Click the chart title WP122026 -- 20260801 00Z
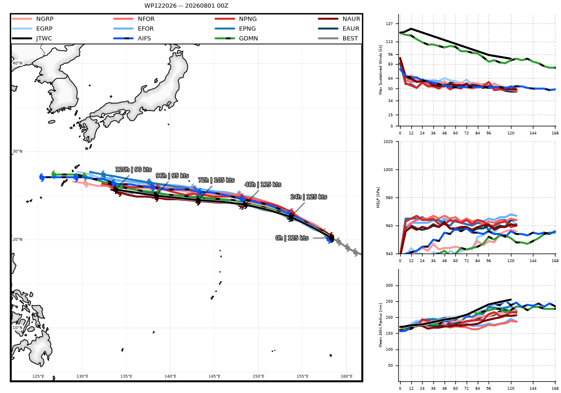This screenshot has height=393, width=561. pyautogui.click(x=186, y=6)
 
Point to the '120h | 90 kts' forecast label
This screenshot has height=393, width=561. pyautogui.click(x=134, y=169)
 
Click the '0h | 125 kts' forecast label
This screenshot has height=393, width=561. pyautogui.click(x=292, y=238)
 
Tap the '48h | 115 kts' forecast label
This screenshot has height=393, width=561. pyautogui.click(x=263, y=184)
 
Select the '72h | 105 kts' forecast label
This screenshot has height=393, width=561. pyautogui.click(x=216, y=180)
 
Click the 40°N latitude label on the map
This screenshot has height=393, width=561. pyautogui.click(x=17, y=63)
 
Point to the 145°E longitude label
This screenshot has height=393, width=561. pyautogui.click(x=215, y=376)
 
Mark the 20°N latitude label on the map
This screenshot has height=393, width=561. pyautogui.click(x=17, y=240)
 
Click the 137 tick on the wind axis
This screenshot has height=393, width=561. pyautogui.click(x=389, y=23)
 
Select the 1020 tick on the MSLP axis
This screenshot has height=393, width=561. pyautogui.click(x=388, y=142)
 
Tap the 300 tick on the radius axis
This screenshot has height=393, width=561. pyautogui.click(x=389, y=285)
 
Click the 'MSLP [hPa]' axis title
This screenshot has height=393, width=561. pyautogui.click(x=378, y=197)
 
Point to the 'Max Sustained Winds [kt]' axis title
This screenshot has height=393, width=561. pyautogui.click(x=381, y=70)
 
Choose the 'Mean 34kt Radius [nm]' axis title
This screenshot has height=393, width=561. pyautogui.click(x=381, y=325)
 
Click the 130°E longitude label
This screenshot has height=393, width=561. pyautogui.click(x=82, y=376)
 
